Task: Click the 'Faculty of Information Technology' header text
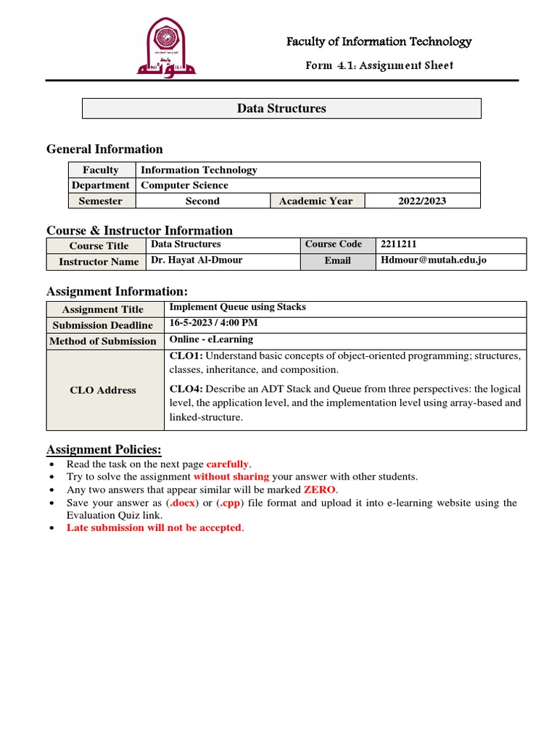379,42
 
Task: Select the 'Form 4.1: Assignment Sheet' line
379,65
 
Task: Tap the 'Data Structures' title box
281,109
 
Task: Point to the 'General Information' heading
104,149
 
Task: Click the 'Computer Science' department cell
184,185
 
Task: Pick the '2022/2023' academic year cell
422,201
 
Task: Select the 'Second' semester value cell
202,201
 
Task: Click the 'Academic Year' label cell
316,201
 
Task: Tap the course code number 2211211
399,245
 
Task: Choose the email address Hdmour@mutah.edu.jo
433,260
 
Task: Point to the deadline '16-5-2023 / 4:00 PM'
213,323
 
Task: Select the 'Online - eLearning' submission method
211,339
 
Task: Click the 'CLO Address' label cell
103,390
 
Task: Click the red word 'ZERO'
320,490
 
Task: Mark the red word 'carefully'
227,464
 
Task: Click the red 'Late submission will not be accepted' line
154,528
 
